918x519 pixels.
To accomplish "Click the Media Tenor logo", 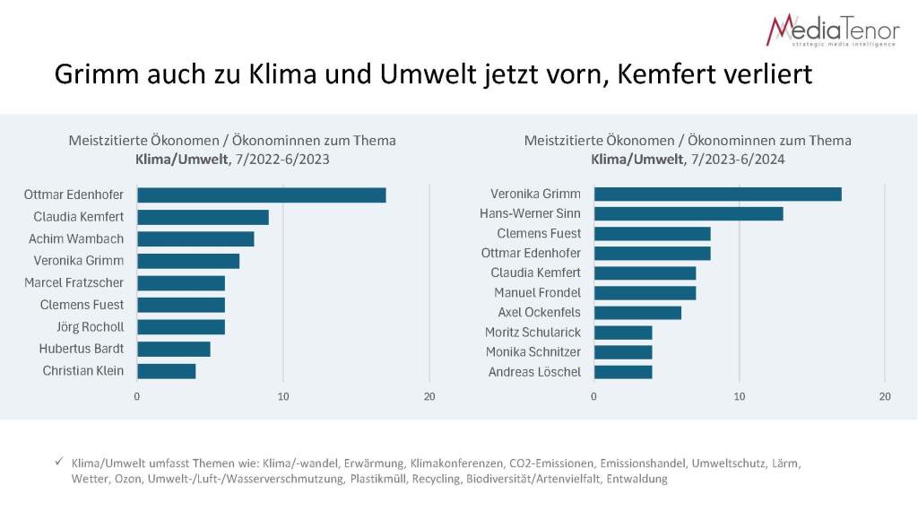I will [x=832, y=30].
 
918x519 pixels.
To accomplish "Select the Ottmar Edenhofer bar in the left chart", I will [x=261, y=195].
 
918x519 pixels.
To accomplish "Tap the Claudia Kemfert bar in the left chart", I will [x=203, y=217].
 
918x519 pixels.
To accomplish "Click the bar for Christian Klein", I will [x=166, y=371].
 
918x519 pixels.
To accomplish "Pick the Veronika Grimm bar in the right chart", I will [x=717, y=195].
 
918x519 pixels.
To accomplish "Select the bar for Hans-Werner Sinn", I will [x=688, y=214].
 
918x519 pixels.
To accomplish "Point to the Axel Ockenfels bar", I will [x=637, y=313].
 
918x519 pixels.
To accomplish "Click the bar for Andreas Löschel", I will [x=623, y=372].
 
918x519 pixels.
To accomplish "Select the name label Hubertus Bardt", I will [x=82, y=349].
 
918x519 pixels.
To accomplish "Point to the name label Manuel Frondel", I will [x=537, y=292].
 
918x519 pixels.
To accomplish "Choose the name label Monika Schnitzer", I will [x=533, y=352].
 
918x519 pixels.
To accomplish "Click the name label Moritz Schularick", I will [x=533, y=333].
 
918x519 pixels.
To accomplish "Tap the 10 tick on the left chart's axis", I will [x=283, y=396].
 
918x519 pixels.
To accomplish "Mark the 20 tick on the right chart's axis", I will [x=885, y=396].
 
